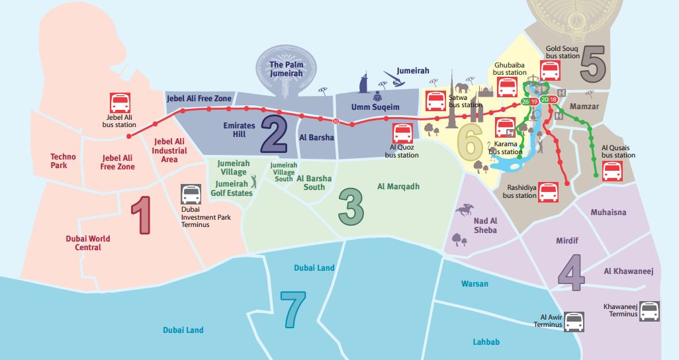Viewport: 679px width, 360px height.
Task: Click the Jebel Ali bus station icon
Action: click(120, 103)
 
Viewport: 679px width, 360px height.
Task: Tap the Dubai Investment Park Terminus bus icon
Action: click(191, 194)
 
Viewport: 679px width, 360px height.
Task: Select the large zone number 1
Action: click(142, 216)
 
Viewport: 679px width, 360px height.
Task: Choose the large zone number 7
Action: click(293, 308)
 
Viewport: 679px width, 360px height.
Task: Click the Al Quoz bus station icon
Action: click(403, 134)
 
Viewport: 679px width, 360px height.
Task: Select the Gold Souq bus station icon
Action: click(551, 71)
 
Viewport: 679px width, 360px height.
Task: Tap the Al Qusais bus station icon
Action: click(612, 171)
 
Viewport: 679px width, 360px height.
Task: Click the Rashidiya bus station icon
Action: click(549, 193)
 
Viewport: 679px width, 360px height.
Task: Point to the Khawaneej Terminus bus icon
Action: click(650, 311)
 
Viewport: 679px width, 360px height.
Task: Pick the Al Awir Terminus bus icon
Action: click(574, 322)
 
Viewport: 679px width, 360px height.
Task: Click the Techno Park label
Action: click(64, 161)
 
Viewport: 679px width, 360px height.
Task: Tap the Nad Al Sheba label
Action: click(485, 226)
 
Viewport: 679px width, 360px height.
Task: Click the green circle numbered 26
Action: click(525, 101)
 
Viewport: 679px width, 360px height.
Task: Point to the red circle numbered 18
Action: click(553, 99)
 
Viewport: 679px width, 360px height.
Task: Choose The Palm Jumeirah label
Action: click(286, 69)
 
